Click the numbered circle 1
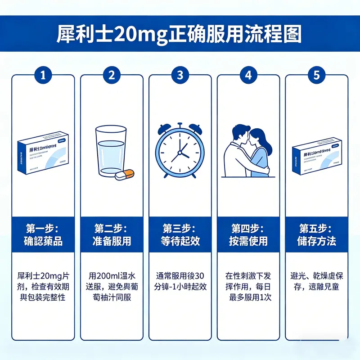click(43, 75)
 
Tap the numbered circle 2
click(112, 75)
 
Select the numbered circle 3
click(180, 75)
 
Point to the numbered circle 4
click(248, 75)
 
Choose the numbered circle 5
click(317, 75)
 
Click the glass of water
click(110, 151)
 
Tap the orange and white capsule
click(125, 175)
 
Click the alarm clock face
click(180, 151)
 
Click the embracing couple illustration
click(248, 151)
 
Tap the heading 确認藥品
click(43, 241)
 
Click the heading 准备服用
click(112, 241)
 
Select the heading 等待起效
click(180, 241)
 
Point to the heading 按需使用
click(248, 241)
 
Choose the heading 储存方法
click(317, 241)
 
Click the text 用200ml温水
click(112, 275)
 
